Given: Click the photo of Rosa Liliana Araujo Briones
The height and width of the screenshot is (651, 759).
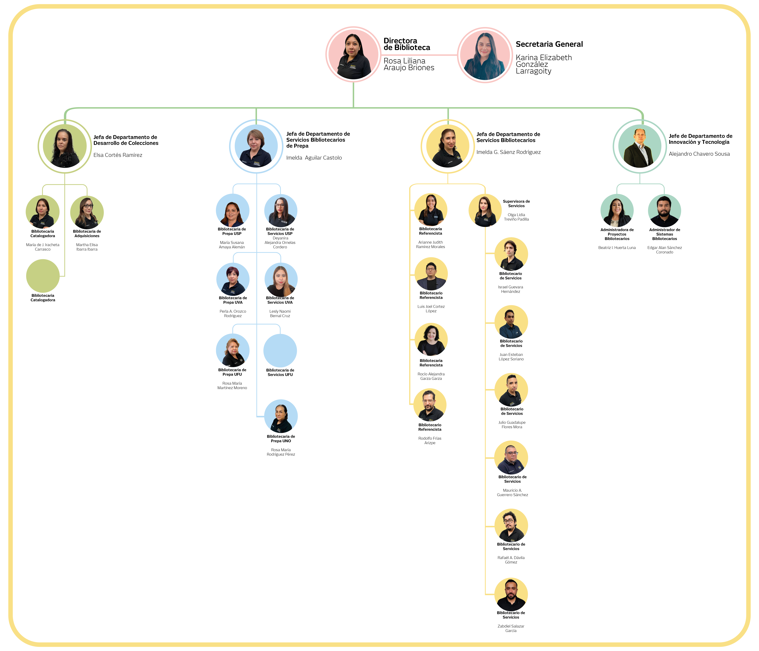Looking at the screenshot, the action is click(353, 55).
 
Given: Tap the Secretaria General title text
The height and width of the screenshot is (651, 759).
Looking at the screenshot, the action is click(549, 44).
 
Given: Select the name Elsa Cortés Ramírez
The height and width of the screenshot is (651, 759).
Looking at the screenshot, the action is click(118, 155).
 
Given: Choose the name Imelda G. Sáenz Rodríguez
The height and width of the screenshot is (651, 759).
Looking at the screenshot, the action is click(508, 152).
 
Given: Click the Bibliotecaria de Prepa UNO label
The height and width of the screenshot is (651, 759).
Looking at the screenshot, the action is click(281, 439).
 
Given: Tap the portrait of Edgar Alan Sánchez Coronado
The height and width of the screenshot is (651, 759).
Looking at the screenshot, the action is click(664, 211).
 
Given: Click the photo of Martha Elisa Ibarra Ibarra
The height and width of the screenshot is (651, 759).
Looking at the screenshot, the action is click(87, 213).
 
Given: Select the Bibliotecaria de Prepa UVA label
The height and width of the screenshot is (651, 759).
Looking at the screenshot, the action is click(233, 300).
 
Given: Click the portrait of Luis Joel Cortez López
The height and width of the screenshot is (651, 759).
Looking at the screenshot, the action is click(431, 274).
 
